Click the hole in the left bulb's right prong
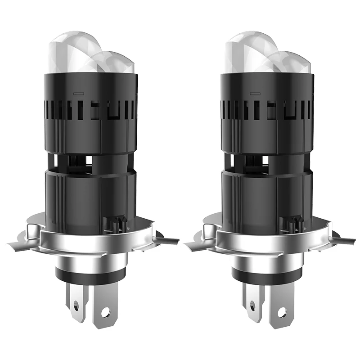105,311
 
